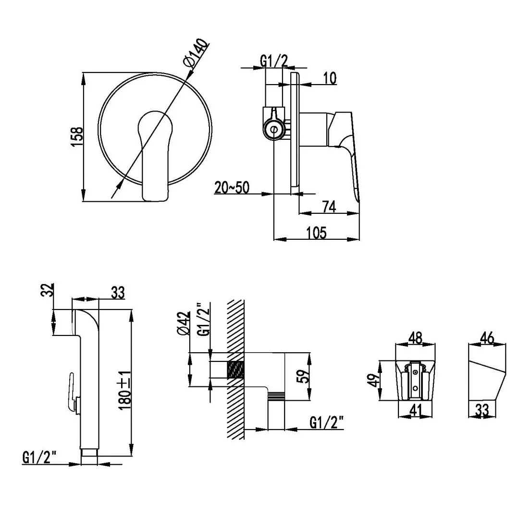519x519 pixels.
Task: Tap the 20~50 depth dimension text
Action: click(232, 187)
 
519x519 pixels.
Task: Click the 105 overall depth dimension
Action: click(316, 233)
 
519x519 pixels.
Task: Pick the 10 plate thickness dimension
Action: click(330, 78)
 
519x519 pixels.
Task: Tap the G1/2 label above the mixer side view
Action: click(274, 61)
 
